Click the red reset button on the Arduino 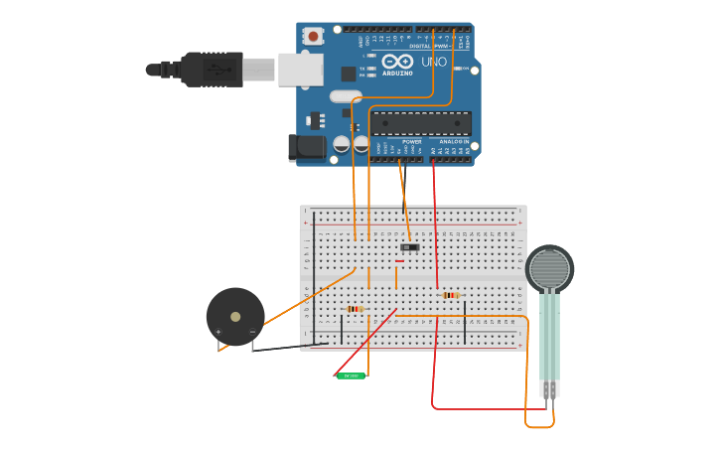(314, 37)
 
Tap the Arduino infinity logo (396, 62)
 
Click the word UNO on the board (434, 62)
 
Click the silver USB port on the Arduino (300, 69)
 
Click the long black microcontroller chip (421, 123)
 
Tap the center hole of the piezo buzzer (235, 317)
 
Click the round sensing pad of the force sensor (548, 268)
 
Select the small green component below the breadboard (351, 375)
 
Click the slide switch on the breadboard (409, 246)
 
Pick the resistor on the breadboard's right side (451, 295)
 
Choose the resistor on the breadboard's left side (355, 309)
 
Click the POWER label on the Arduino (412, 142)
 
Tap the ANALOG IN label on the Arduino (455, 142)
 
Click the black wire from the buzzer (288, 348)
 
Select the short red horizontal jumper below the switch (399, 261)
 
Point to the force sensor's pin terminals (548, 389)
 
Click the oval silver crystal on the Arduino (345, 96)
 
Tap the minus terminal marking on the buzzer (252, 331)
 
